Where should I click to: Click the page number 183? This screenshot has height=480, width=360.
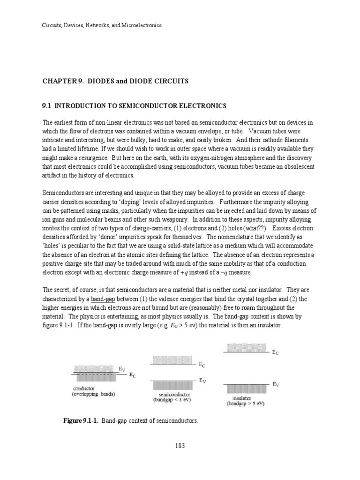180,445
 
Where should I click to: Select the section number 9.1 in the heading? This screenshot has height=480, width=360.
47,106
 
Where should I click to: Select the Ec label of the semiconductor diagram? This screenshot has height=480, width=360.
202,364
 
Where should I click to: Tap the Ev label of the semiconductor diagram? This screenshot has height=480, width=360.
202,381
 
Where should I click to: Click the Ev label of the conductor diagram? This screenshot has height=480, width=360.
121,369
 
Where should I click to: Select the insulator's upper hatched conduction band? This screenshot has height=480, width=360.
242,347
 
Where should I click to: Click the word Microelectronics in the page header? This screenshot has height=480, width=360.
142,25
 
